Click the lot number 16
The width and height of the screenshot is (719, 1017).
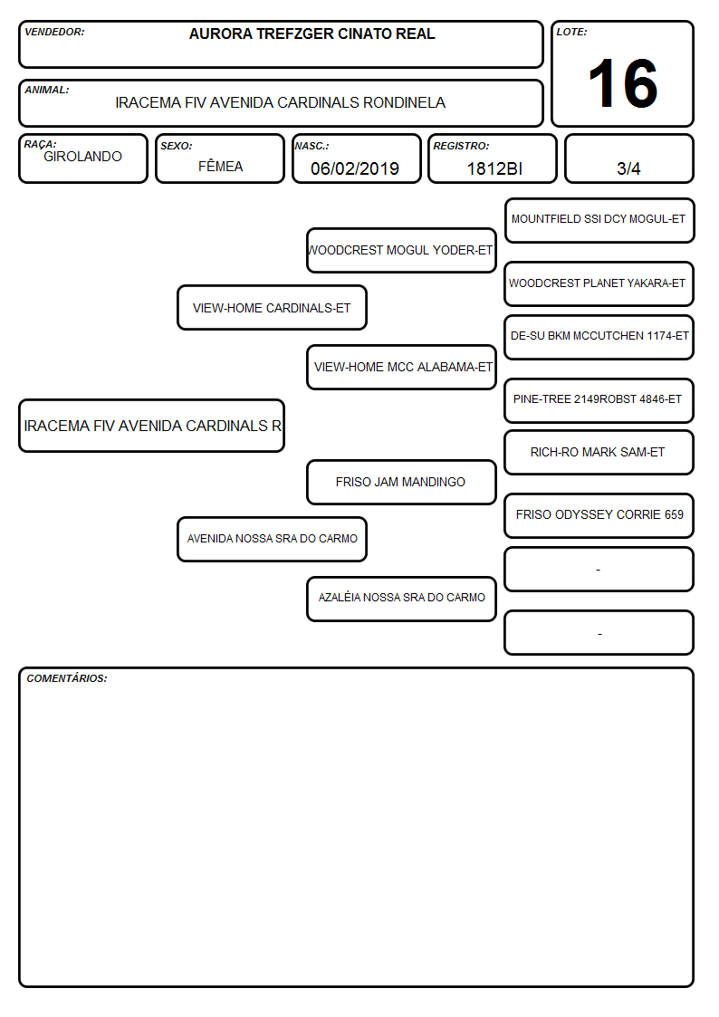click(622, 83)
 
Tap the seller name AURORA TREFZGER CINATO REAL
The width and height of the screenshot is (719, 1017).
click(312, 34)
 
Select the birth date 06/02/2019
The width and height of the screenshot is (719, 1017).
click(355, 168)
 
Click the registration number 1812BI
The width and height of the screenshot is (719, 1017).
click(494, 168)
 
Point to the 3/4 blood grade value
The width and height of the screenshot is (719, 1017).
click(628, 168)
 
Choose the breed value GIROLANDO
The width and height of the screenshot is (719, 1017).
click(82, 157)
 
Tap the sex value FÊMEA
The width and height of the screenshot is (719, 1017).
click(220, 166)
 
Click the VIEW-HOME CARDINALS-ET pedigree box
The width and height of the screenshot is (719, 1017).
click(272, 307)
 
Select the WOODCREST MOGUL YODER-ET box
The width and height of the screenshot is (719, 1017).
click(401, 250)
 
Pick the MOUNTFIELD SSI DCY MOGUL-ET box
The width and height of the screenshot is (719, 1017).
click(599, 221)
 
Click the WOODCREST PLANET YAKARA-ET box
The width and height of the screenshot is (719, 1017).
click(599, 283)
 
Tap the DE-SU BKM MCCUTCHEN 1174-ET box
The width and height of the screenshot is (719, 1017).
click(599, 337)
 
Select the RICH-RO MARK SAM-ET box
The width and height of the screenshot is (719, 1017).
click(599, 453)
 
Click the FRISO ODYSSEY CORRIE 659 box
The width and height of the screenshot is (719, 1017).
click(599, 515)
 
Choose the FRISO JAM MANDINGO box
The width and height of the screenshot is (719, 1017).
click(401, 482)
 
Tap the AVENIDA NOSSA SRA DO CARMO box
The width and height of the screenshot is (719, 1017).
click(272, 539)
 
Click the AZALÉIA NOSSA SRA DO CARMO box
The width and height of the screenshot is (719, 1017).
click(401, 599)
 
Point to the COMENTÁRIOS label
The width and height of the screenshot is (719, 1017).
click(67, 678)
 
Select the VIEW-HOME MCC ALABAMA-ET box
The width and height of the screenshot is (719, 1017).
click(401, 367)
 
